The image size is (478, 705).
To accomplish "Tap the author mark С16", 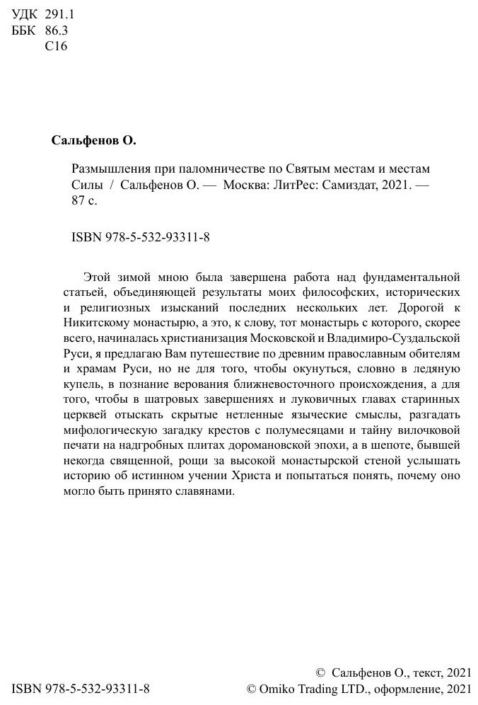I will pos(55,47).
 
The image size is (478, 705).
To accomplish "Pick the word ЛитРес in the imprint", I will pos(288,185).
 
